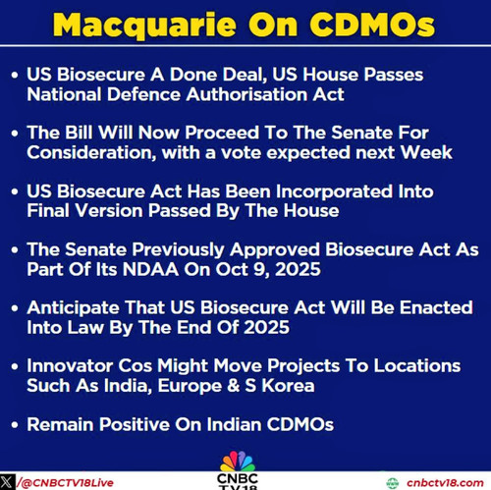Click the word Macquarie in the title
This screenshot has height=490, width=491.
click(144, 26)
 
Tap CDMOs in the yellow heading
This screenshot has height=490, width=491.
click(372, 25)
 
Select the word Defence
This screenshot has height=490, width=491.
click(144, 94)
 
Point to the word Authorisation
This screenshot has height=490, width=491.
click(246, 94)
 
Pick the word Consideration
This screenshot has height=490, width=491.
click(91, 153)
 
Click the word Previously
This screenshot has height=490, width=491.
click(178, 250)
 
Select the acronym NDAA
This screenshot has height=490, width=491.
click(150, 269)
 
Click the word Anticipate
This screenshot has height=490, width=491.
click(74, 308)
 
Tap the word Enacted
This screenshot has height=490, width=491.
click(436, 307)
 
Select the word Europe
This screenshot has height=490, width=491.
click(190, 386)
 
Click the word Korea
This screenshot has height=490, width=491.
click(288, 386)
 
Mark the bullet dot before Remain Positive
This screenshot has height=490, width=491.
click(15, 425)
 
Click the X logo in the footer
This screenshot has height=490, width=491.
click(7, 482)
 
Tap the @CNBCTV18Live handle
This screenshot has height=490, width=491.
click(67, 483)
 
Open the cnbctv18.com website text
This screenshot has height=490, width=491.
click(445, 483)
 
